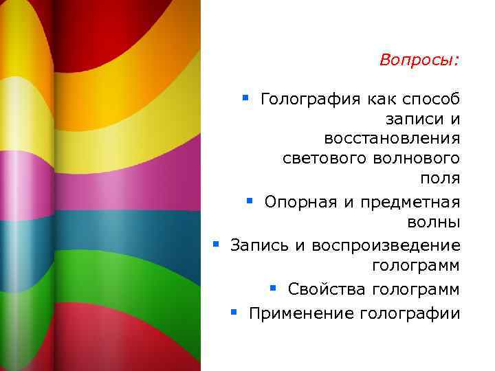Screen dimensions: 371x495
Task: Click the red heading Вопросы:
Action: point(419,60)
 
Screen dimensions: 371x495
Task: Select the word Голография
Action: point(310,100)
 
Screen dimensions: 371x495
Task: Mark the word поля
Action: point(440,179)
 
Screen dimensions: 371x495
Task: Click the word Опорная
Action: point(298,203)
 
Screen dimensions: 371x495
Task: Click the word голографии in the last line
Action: point(410,313)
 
